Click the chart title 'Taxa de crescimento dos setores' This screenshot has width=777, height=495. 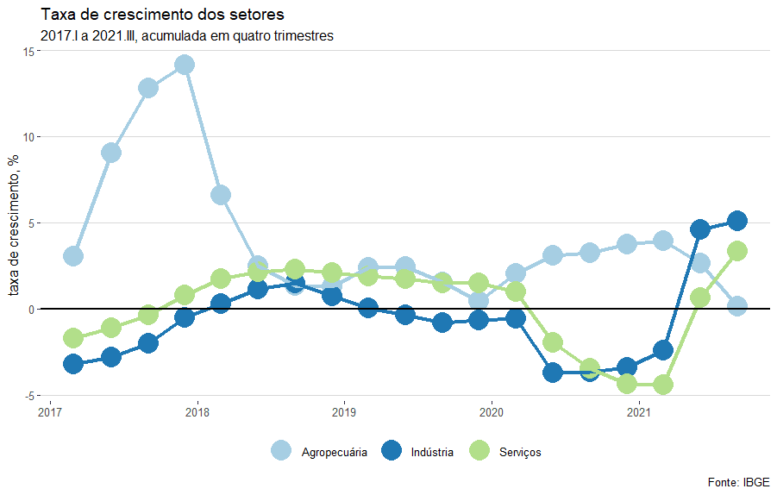(x=162, y=16)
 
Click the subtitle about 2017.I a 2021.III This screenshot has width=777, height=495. (x=186, y=36)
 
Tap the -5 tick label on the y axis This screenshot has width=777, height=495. (x=28, y=395)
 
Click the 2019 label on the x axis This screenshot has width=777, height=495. (x=344, y=411)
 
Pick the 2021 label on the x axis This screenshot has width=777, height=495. (x=638, y=411)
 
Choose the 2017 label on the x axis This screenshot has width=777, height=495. (x=50, y=411)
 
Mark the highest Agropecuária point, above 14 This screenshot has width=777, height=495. (x=184, y=65)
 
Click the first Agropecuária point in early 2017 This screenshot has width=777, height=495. (x=73, y=256)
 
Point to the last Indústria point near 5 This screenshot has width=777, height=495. (x=736, y=221)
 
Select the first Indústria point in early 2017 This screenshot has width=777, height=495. (x=73, y=364)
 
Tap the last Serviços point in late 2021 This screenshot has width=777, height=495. (x=736, y=251)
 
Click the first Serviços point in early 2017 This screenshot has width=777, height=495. (x=73, y=338)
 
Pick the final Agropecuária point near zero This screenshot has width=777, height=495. (x=736, y=306)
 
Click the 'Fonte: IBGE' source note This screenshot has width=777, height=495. (x=738, y=481)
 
